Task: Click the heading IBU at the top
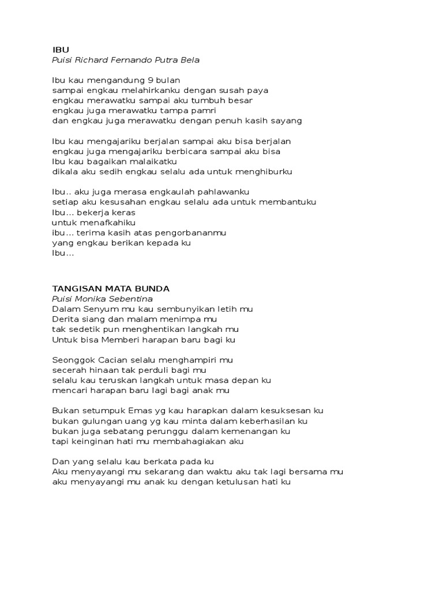pyautogui.click(x=61, y=50)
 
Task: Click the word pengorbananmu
pyautogui.click(x=192, y=233)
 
